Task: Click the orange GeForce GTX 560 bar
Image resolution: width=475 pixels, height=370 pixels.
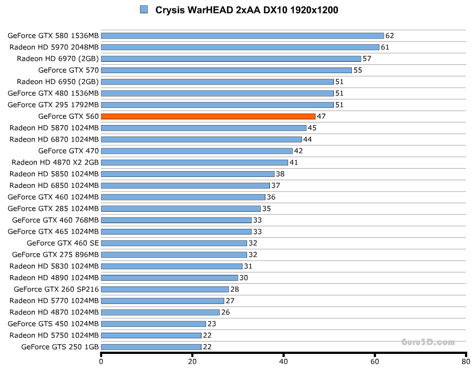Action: pyautogui.click(x=208, y=116)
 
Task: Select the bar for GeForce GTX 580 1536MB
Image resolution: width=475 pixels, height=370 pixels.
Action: pyautogui.click(x=242, y=36)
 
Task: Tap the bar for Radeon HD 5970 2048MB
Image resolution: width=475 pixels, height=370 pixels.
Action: pyautogui.click(x=240, y=47)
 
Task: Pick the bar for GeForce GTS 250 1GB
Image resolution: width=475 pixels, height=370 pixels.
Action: pyautogui.click(x=151, y=347)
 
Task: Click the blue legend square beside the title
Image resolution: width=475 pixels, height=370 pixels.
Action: pyautogui.click(x=144, y=9)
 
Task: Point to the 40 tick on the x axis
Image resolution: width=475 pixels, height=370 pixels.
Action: pyautogui.click(x=283, y=363)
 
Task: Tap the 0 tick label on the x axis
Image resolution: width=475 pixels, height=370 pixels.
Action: pyautogui.click(x=101, y=363)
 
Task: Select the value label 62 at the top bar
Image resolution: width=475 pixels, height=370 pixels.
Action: pyautogui.click(x=390, y=36)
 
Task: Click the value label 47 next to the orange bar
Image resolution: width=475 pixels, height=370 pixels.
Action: pyautogui.click(x=321, y=116)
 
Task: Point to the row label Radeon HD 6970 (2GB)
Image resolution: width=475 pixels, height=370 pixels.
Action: pyautogui.click(x=58, y=59)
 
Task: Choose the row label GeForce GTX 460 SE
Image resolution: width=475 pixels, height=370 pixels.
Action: pyautogui.click(x=62, y=243)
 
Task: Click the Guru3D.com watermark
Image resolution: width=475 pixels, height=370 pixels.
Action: pyautogui.click(x=428, y=342)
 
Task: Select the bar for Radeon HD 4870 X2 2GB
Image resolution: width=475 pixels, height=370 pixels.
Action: pyautogui.click(x=194, y=162)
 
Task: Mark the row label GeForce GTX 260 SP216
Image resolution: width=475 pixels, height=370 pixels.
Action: pyautogui.click(x=56, y=289)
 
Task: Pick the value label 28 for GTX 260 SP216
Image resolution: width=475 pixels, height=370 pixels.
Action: pyautogui.click(x=235, y=289)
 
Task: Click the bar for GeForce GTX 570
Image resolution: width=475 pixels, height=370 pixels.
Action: pyautogui.click(x=226, y=70)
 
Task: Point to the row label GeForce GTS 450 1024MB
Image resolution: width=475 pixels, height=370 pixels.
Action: pyautogui.click(x=53, y=324)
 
